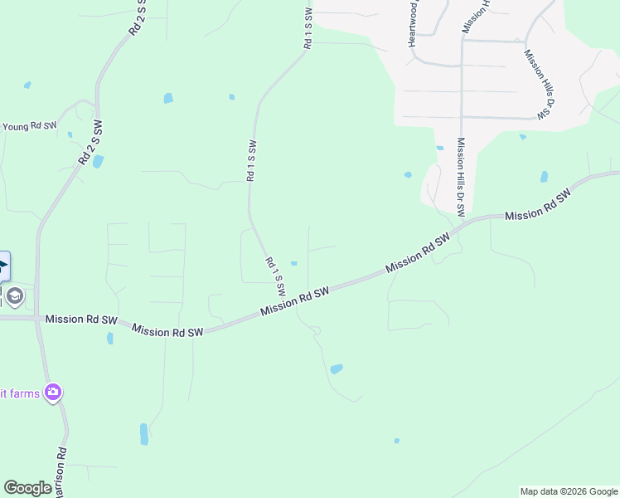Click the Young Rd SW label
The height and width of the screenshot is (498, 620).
[30, 126]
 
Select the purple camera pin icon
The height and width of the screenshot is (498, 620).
[54, 391]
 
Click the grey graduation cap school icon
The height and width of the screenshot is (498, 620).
[14, 295]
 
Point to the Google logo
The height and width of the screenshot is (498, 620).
[27, 488]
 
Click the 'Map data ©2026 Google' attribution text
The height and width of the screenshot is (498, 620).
[568, 491]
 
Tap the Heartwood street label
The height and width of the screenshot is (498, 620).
[411, 23]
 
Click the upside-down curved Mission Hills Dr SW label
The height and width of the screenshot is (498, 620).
[538, 83]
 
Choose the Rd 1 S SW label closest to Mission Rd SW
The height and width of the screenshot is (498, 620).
[276, 276]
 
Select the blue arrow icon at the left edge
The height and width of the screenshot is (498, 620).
[3, 266]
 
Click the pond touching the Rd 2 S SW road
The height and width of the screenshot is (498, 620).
[98, 161]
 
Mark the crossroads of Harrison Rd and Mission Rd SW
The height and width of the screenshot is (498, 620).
[36, 318]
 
